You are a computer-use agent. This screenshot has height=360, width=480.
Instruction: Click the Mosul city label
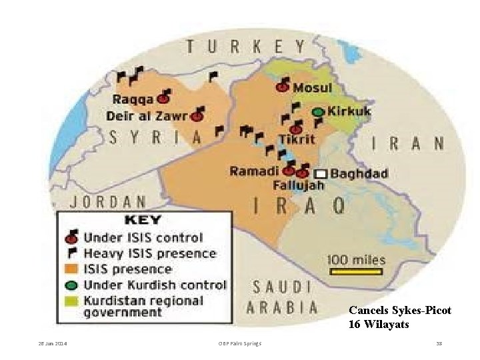pyautogui.click(x=313, y=88)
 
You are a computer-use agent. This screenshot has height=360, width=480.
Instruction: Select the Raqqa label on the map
pyautogui.click(x=133, y=100)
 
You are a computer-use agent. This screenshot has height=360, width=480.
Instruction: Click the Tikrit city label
pyautogui.click(x=297, y=139)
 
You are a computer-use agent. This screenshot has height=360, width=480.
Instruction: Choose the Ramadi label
pyautogui.click(x=255, y=171)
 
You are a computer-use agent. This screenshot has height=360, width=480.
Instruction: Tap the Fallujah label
pyautogui.click(x=298, y=185)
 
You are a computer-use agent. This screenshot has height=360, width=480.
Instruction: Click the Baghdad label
pyautogui.click(x=359, y=174)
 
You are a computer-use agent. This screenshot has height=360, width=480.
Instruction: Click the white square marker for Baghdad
pyautogui.click(x=321, y=173)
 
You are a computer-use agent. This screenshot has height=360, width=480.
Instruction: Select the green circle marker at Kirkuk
pyautogui.click(x=319, y=112)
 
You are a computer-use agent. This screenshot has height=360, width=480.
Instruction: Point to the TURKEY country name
pyautogui.click(x=246, y=47)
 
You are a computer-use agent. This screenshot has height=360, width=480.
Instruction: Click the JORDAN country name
pyautogui.click(x=108, y=201)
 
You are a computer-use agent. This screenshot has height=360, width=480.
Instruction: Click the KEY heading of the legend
pyautogui.click(x=144, y=220)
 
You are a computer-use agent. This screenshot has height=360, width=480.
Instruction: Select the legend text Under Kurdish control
pyautogui.click(x=155, y=285)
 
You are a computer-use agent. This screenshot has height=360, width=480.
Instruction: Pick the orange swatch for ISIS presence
pyautogui.click(x=71, y=269)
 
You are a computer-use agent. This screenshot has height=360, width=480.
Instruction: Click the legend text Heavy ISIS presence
pyautogui.click(x=149, y=253)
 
